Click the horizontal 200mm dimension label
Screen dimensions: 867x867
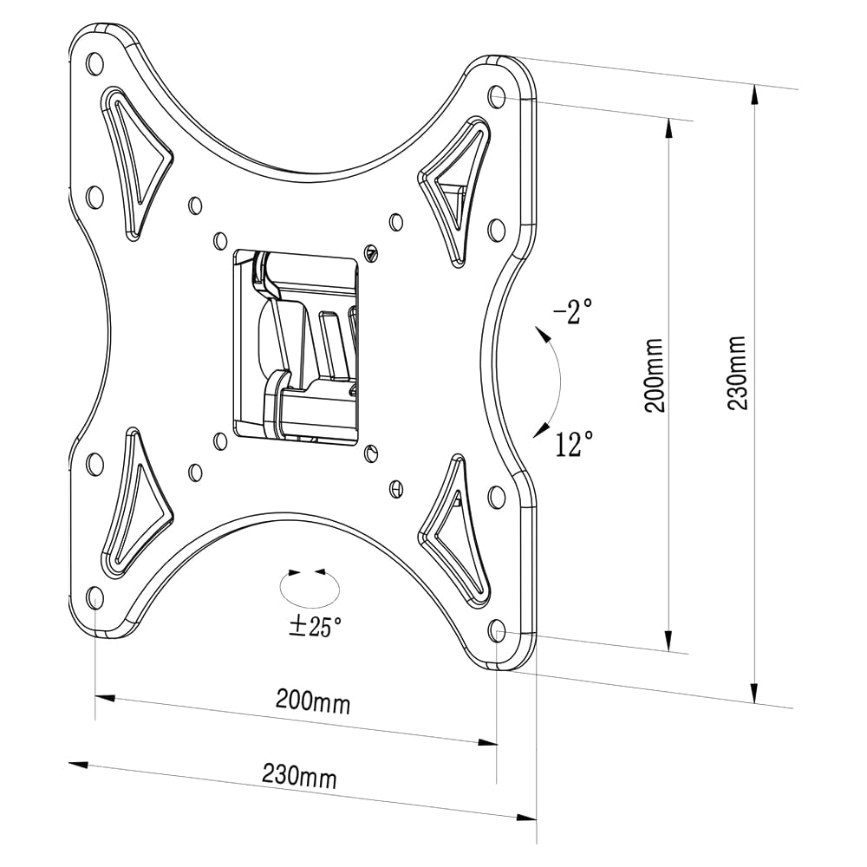(x=313, y=701)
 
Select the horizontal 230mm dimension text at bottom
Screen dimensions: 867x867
(x=299, y=774)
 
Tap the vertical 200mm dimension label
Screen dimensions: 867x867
(x=656, y=375)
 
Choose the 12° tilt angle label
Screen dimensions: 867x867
(x=574, y=446)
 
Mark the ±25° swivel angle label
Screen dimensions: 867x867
(x=316, y=627)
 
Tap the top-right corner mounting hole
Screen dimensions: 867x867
(x=497, y=95)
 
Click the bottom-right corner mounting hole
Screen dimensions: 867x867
(x=497, y=629)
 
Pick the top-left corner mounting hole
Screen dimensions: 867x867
(x=95, y=62)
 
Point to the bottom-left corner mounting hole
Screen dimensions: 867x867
(x=95, y=596)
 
